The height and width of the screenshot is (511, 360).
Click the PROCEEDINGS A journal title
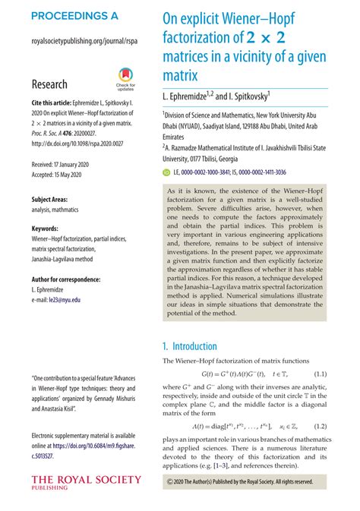tap(75, 15)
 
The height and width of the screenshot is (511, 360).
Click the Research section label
tap(49, 84)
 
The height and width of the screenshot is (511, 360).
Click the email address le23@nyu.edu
tap(66, 300)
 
